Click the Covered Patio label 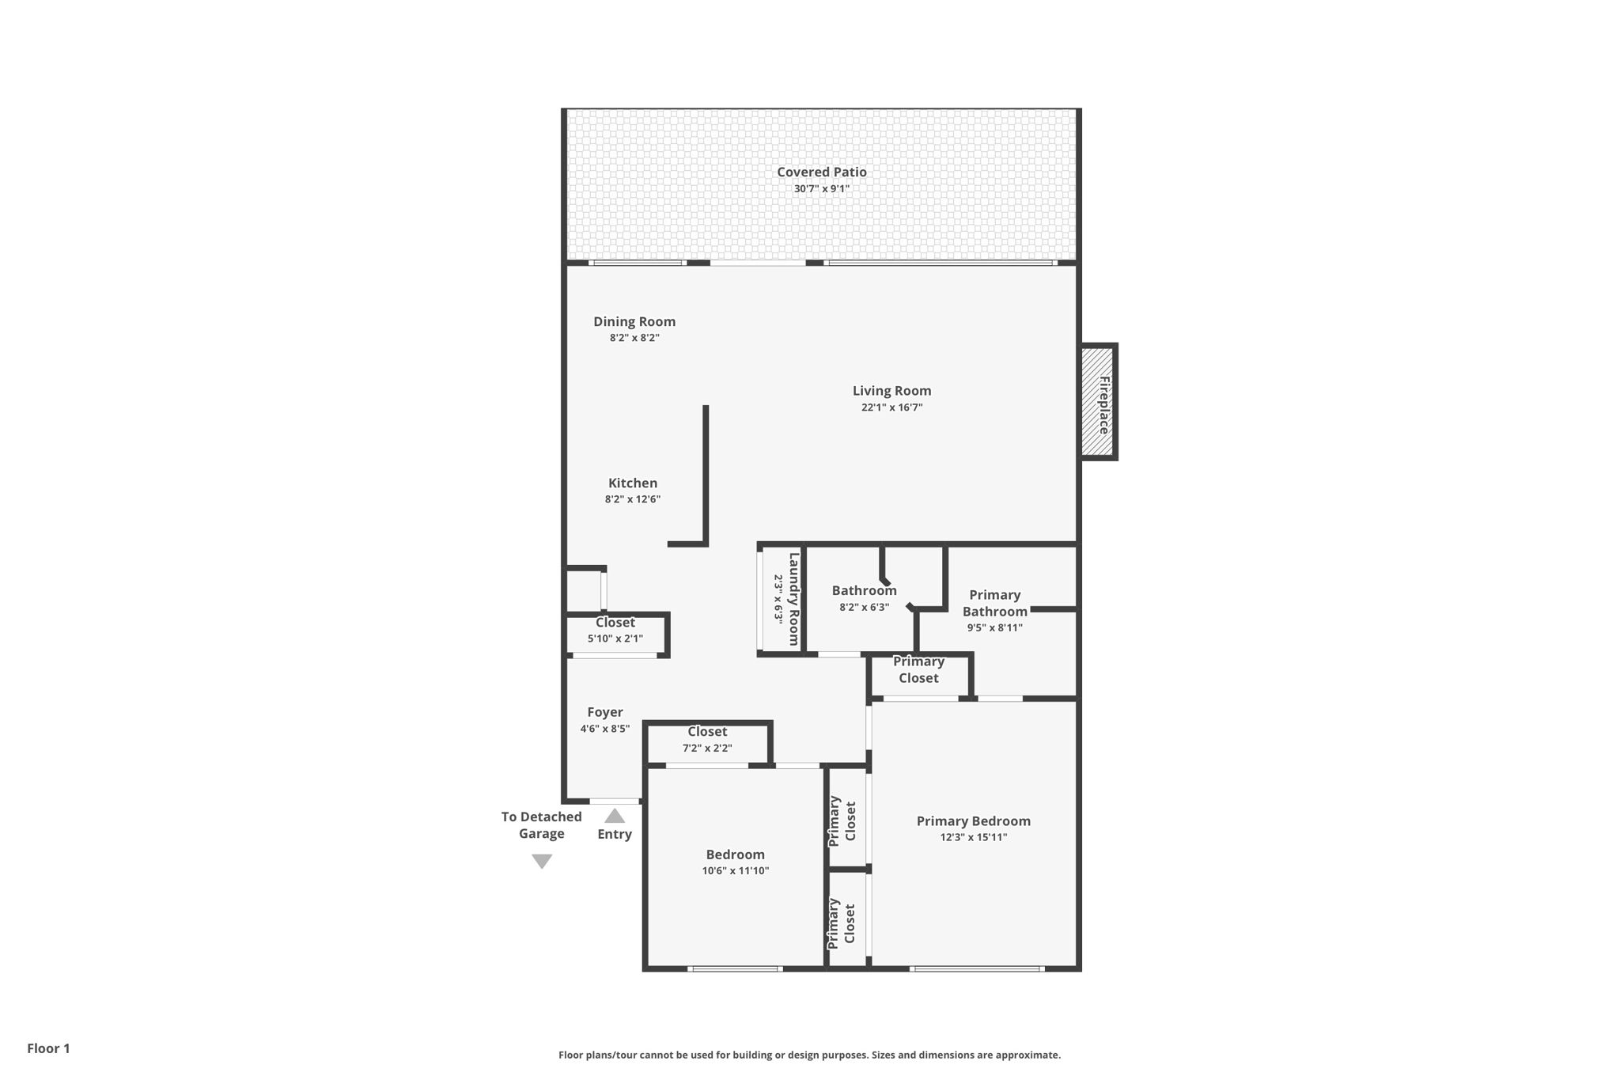pyautogui.click(x=821, y=172)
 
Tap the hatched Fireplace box pyautogui.click(x=1098, y=402)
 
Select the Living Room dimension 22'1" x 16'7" pyautogui.click(x=891, y=407)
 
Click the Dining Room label pyautogui.click(x=634, y=321)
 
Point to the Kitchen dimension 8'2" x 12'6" pyautogui.click(x=632, y=499)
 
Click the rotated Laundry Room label pyautogui.click(x=793, y=599)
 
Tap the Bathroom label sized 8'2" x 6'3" pyautogui.click(x=864, y=590)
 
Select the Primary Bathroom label pyautogui.click(x=994, y=603)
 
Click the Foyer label pyautogui.click(x=604, y=712)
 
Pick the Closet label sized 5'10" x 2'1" pyautogui.click(x=615, y=623)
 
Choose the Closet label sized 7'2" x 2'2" pyautogui.click(x=706, y=732)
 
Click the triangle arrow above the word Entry pyautogui.click(x=615, y=816)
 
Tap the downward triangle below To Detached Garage pyautogui.click(x=542, y=861)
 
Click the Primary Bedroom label pyautogui.click(x=973, y=820)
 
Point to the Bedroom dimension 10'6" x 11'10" pyautogui.click(x=735, y=871)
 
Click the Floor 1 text pyautogui.click(x=48, y=1048)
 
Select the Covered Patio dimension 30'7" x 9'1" pyautogui.click(x=821, y=188)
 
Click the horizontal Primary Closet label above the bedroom pyautogui.click(x=918, y=669)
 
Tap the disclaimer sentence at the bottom pyautogui.click(x=809, y=1055)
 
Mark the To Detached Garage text pyautogui.click(x=541, y=824)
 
